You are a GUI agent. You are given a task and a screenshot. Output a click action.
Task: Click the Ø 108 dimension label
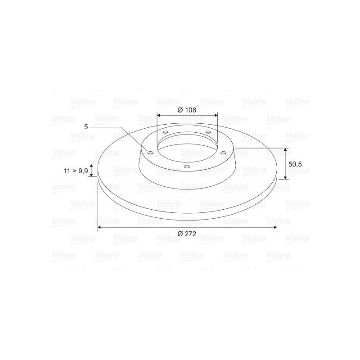[187, 110]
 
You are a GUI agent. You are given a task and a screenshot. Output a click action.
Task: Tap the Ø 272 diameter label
[187, 234]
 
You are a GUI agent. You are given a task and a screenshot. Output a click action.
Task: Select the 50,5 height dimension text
[295, 164]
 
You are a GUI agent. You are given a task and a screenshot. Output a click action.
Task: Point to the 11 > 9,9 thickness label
[76, 171]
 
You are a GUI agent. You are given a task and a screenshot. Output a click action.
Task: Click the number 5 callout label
[86, 127]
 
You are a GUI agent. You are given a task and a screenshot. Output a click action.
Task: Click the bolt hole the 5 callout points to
[150, 153]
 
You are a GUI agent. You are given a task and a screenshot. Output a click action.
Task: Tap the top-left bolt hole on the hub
[165, 132]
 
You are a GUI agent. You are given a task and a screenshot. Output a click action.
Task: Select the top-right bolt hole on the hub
[208, 132]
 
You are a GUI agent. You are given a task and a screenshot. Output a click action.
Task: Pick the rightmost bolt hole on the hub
[223, 153]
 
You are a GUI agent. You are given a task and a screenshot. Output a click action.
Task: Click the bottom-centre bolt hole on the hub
[187, 166]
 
